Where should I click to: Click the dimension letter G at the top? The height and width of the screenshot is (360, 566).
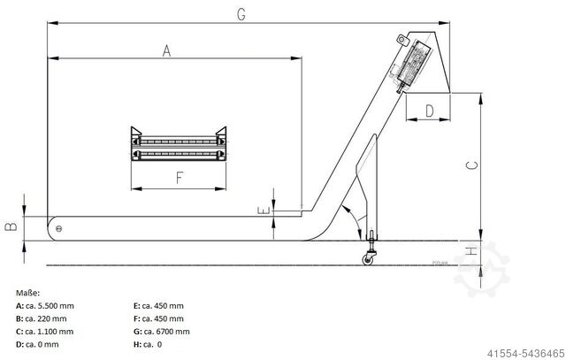pyautogui.click(x=241, y=14)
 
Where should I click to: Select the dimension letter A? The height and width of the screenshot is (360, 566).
pyautogui.click(x=165, y=50)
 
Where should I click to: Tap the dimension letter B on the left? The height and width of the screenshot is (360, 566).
pyautogui.click(x=11, y=226)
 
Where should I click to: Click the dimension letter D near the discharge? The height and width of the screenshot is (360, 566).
pyautogui.click(x=429, y=111)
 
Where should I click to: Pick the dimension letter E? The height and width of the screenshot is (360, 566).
pyautogui.click(x=264, y=211)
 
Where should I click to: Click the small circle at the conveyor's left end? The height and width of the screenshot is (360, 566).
pyautogui.click(x=59, y=229)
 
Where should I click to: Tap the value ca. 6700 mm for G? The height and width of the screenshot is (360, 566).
pyautogui.click(x=164, y=331)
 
